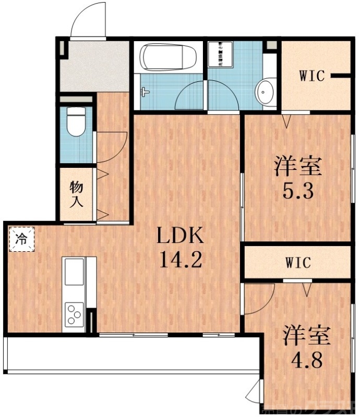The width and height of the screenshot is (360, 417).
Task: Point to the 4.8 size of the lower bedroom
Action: [x=306, y=360]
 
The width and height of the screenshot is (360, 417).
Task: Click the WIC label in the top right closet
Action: [x=312, y=76]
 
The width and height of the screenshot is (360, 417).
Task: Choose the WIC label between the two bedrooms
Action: [x=298, y=263]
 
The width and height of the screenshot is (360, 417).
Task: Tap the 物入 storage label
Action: [x=77, y=193]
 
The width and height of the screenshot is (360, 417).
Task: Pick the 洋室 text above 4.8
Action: [x=306, y=336]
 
